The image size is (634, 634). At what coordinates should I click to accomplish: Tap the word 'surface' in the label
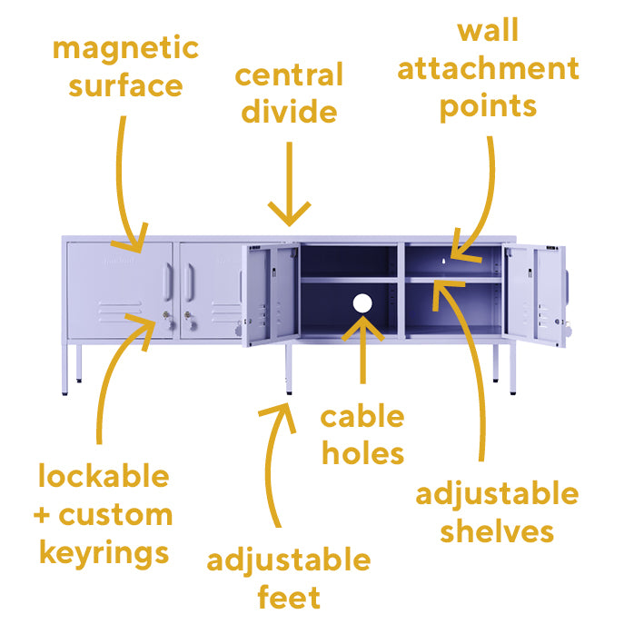125,86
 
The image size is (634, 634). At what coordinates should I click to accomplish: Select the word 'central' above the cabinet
290,75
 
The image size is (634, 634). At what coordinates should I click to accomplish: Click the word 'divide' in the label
290,112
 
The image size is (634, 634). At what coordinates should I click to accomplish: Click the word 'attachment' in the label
488,69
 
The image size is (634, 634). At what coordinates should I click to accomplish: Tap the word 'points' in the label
488,106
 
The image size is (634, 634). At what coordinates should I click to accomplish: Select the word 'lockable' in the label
104,476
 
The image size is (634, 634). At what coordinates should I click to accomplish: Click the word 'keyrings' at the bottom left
102,552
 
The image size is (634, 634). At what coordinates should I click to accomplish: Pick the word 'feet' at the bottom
288,598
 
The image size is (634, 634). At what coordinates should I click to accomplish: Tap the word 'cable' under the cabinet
362,417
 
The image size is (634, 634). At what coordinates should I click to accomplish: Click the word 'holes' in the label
362,452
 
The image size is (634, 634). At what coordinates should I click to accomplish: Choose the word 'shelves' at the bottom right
496,531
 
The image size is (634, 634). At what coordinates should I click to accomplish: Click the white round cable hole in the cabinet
362,304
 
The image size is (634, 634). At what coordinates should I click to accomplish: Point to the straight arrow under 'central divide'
290,182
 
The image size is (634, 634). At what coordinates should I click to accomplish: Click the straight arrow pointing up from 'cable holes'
362,350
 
